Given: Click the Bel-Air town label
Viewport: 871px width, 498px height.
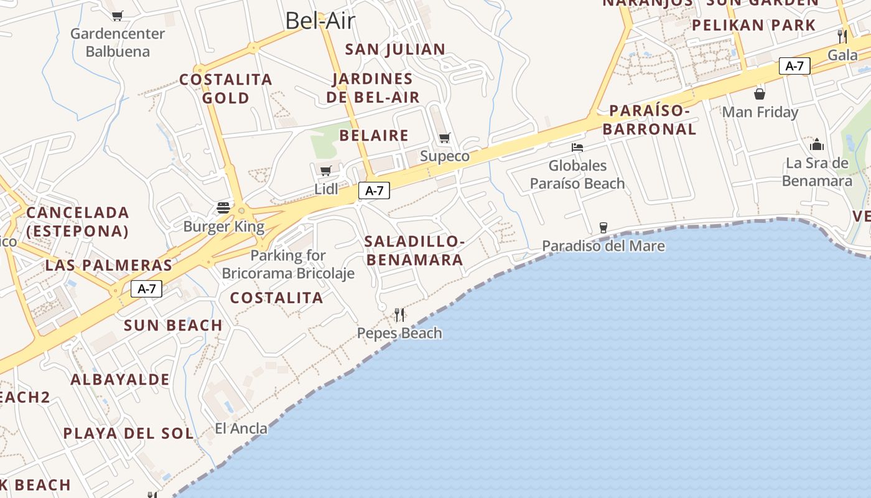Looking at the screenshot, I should (x=320, y=21).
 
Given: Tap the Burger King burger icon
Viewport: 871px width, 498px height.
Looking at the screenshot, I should (x=223, y=207).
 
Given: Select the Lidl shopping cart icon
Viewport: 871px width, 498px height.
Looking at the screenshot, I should (x=325, y=170).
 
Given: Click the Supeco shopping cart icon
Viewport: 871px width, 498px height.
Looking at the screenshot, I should (x=444, y=138).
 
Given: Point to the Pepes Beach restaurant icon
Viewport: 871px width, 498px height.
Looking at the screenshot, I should (x=399, y=314).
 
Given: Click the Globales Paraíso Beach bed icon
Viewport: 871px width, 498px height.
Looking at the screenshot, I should (x=577, y=148).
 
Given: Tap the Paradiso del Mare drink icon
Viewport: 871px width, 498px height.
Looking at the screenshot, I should (x=603, y=227).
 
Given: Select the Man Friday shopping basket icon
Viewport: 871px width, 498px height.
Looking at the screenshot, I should (x=760, y=94).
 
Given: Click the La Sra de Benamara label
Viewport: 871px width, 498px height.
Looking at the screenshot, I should (x=817, y=172).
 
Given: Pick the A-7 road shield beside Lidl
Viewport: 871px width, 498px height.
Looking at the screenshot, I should (x=374, y=190).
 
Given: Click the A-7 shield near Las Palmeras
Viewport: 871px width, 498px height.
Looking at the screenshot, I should (x=146, y=288).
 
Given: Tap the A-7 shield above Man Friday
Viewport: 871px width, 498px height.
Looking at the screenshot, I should (x=794, y=65).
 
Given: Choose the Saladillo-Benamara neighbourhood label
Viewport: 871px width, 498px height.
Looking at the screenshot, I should (x=414, y=250).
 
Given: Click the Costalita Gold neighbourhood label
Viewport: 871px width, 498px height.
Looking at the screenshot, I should (x=226, y=88).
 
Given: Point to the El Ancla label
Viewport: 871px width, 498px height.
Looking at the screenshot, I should (x=241, y=428).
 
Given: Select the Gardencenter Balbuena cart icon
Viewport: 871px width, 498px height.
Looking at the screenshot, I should (x=118, y=16).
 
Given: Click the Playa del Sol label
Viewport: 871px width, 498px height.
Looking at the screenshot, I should (x=128, y=433).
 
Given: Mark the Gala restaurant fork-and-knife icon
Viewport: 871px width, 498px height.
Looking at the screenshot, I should (x=842, y=36).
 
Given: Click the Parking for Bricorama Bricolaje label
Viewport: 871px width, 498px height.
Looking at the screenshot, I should (x=288, y=264).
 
